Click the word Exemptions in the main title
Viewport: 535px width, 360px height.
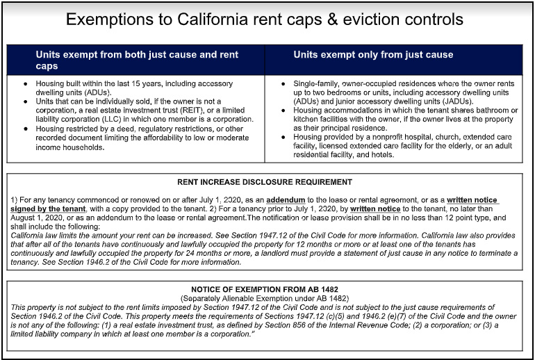[x=110, y=19]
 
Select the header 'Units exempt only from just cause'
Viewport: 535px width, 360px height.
[x=373, y=55]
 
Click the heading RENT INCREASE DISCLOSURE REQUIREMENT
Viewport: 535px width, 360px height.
[x=265, y=182]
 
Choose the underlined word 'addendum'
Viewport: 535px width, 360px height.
[x=286, y=200]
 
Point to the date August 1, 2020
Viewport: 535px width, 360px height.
[x=36, y=218]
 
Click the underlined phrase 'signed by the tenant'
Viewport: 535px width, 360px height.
[x=48, y=208]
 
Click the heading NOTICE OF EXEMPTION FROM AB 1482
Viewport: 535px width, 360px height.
[x=265, y=289]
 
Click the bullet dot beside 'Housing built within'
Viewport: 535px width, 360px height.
[x=25, y=83]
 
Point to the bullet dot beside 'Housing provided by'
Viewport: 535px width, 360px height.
[x=283, y=137]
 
